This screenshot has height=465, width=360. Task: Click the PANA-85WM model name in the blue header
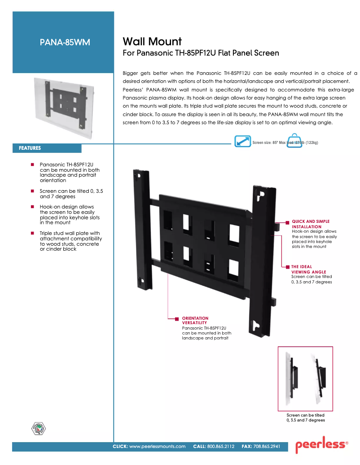tap(65, 43)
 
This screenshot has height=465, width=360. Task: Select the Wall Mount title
tap(152, 42)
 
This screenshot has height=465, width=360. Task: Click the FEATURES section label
tap(30, 148)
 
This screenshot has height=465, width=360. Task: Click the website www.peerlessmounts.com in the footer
tap(157, 447)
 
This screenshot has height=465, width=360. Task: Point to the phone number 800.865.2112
tap(221, 447)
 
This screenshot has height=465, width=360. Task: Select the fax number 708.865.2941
tap(267, 447)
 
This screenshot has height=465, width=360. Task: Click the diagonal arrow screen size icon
tap(243, 141)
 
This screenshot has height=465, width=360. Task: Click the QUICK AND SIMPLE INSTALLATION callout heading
tap(311, 224)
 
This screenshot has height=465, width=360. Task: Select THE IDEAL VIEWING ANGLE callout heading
tap(309, 269)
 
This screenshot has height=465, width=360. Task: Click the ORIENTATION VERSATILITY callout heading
tap(195, 320)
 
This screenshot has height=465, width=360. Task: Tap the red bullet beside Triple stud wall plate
tap(33, 233)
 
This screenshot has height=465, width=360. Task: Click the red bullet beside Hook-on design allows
tap(33, 207)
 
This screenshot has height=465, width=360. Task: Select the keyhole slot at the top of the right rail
tap(259, 196)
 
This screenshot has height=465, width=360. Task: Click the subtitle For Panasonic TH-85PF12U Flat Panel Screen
tap(201, 53)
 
